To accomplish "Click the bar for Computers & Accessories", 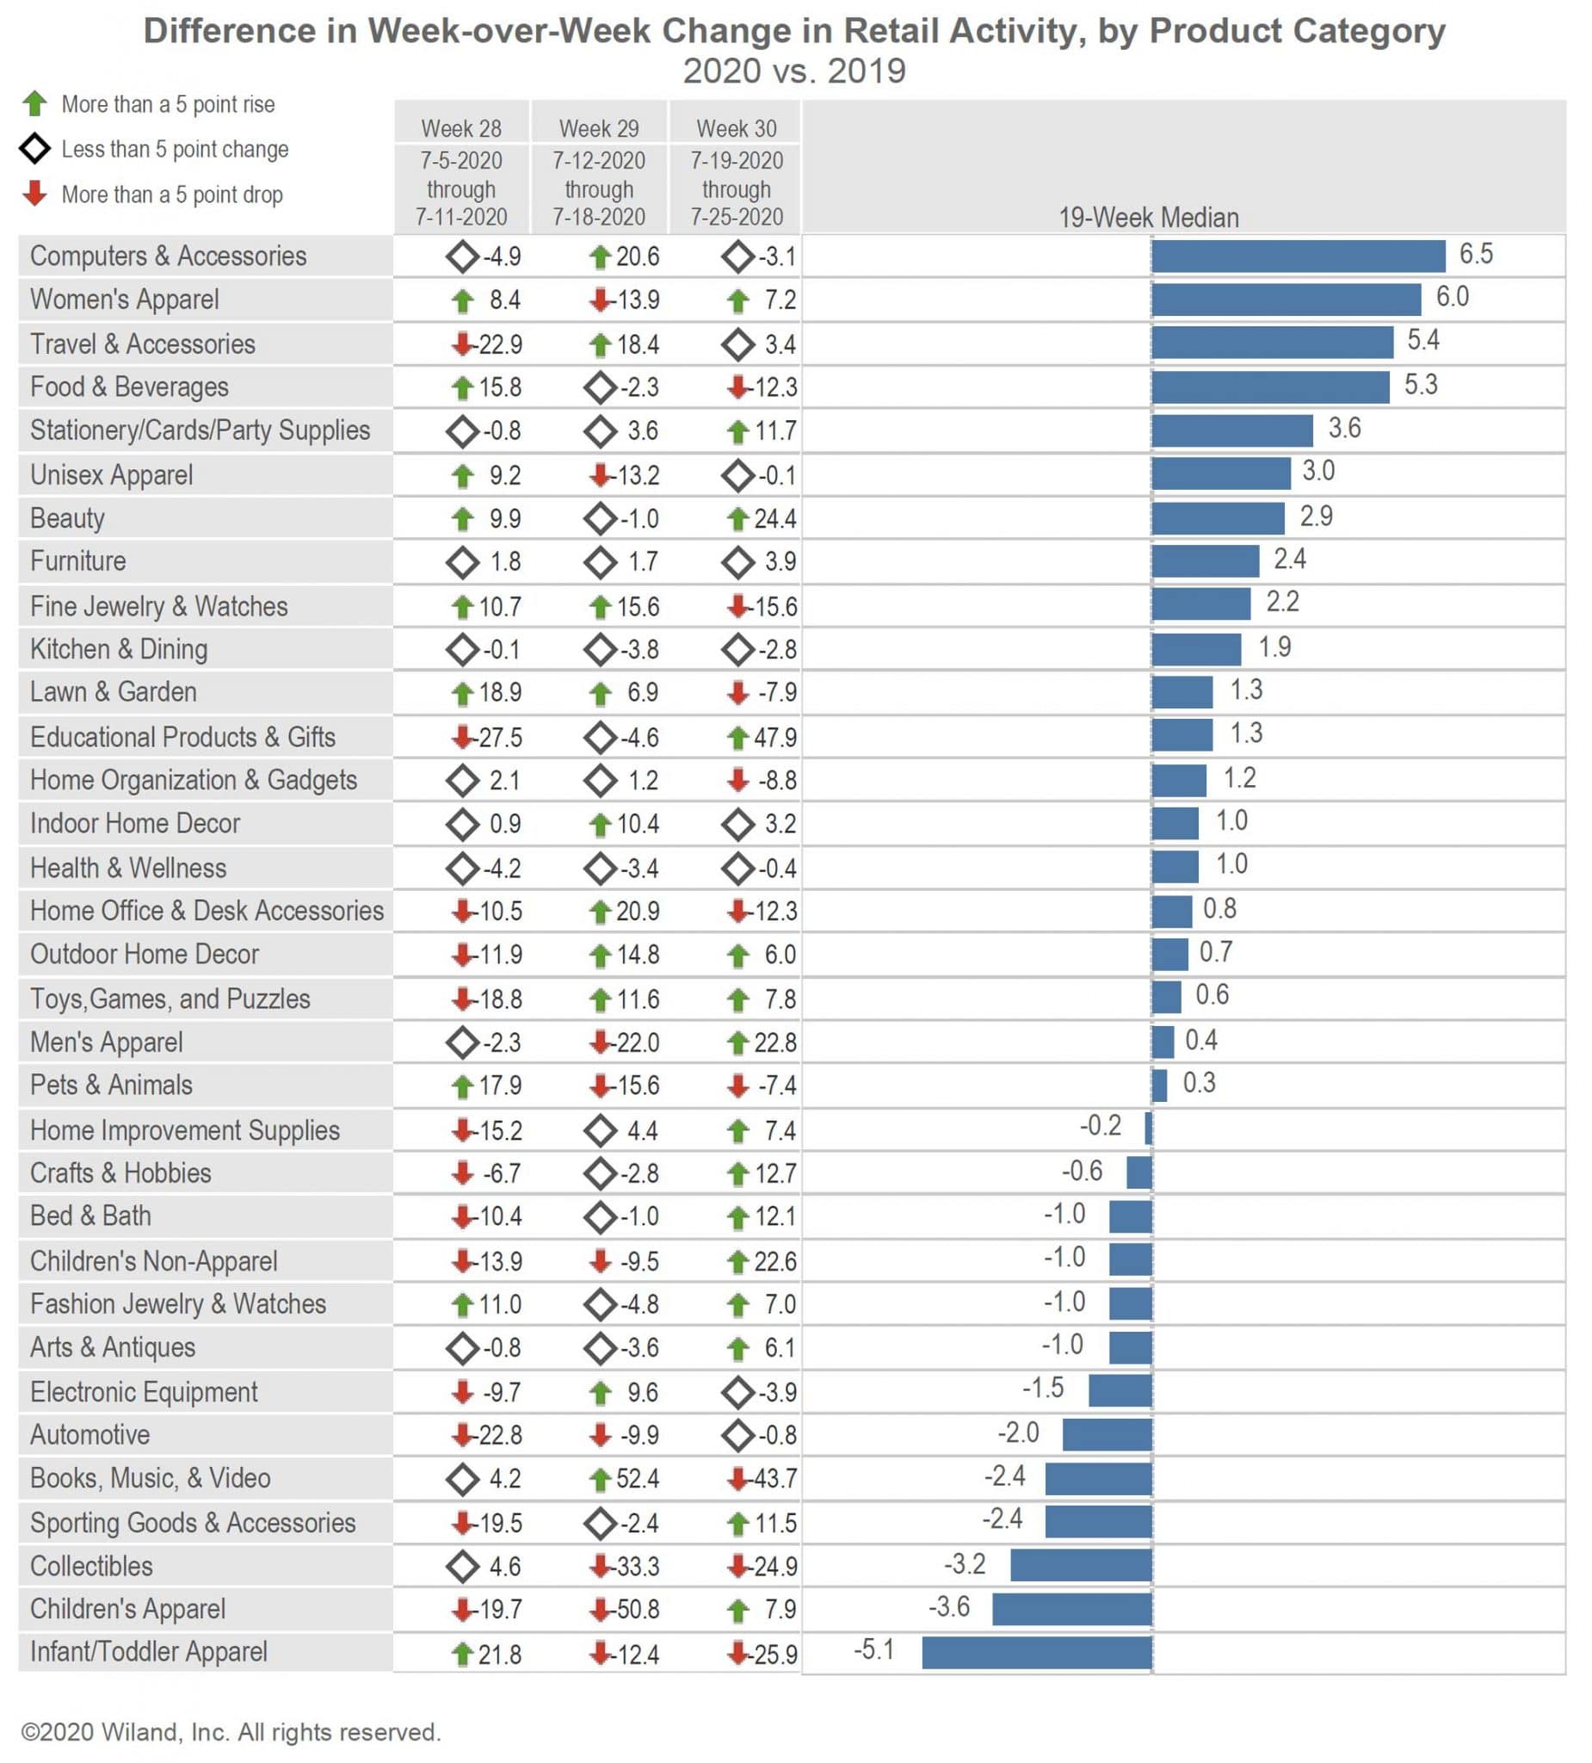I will pyautogui.click(x=1298, y=257).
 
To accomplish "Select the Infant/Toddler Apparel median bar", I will pyautogui.click(x=1036, y=1652).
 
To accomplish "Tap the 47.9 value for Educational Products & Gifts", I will pyautogui.click(x=774, y=737).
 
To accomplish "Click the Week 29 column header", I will pyautogui.click(x=599, y=128).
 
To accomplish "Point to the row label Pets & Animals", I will pyautogui.click(x=111, y=1085).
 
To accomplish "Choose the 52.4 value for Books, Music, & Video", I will pyautogui.click(x=638, y=1479).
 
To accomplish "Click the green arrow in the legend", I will pyautogui.click(x=35, y=104).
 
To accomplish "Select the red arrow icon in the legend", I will pyautogui.click(x=35, y=194).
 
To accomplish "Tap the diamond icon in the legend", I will pyautogui.click(x=35, y=149).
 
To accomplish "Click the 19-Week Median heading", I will pyautogui.click(x=1148, y=217).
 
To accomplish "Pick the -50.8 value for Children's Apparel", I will pyautogui.click(x=638, y=1609).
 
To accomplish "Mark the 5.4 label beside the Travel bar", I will pyautogui.click(x=1422, y=340).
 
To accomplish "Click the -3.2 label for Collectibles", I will pyautogui.click(x=965, y=1563).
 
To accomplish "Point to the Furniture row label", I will pyautogui.click(x=77, y=561).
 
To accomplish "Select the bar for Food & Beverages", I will pyautogui.click(x=1269, y=387).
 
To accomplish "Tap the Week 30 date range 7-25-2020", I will pyautogui.click(x=736, y=217).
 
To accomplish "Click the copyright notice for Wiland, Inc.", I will pyautogui.click(x=231, y=1732).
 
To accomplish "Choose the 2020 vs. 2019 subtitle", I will pyautogui.click(x=793, y=71).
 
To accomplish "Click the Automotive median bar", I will pyautogui.click(x=1107, y=1434).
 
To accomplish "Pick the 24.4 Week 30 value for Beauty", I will pyautogui.click(x=774, y=518).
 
